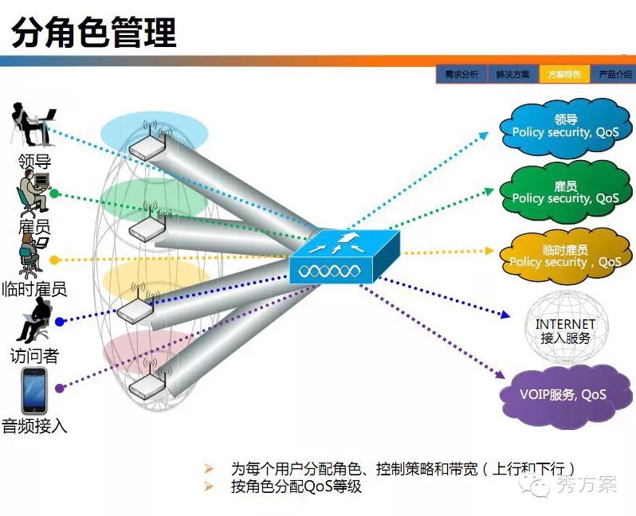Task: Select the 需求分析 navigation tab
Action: pyautogui.click(x=461, y=74)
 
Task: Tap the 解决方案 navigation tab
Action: pyautogui.click(x=512, y=74)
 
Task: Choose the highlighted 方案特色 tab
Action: pyautogui.click(x=563, y=74)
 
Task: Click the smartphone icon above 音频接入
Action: pyautogui.click(x=33, y=391)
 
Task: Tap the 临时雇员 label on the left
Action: pyautogui.click(x=34, y=289)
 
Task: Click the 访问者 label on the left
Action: pyautogui.click(x=34, y=355)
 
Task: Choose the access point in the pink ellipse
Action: pyautogui.click(x=147, y=385)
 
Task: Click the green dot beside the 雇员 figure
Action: pyautogui.click(x=53, y=193)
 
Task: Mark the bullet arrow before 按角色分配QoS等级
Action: pyautogui.click(x=210, y=486)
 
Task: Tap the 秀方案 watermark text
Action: pyautogui.click(x=587, y=484)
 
